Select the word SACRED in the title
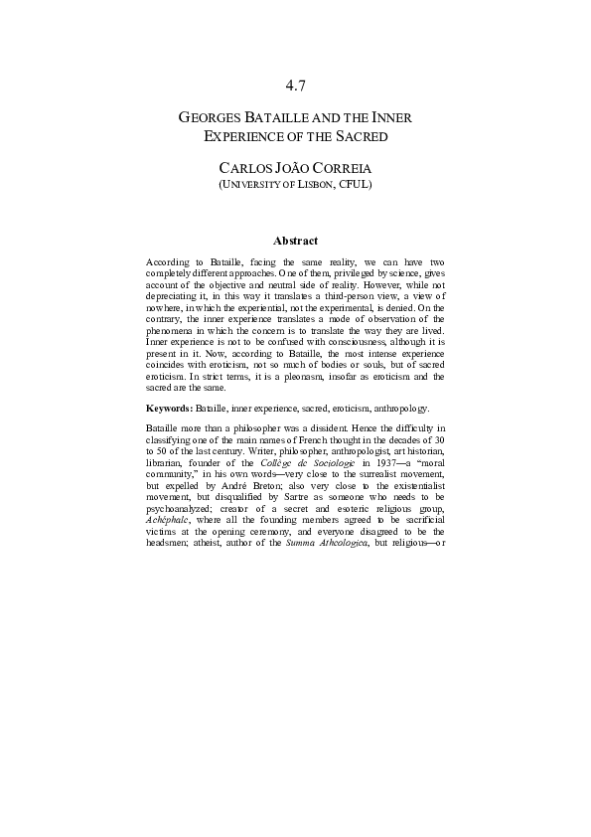(356, 136)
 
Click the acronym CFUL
(354, 184)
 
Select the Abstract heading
(295, 241)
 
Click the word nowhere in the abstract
(163, 305)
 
